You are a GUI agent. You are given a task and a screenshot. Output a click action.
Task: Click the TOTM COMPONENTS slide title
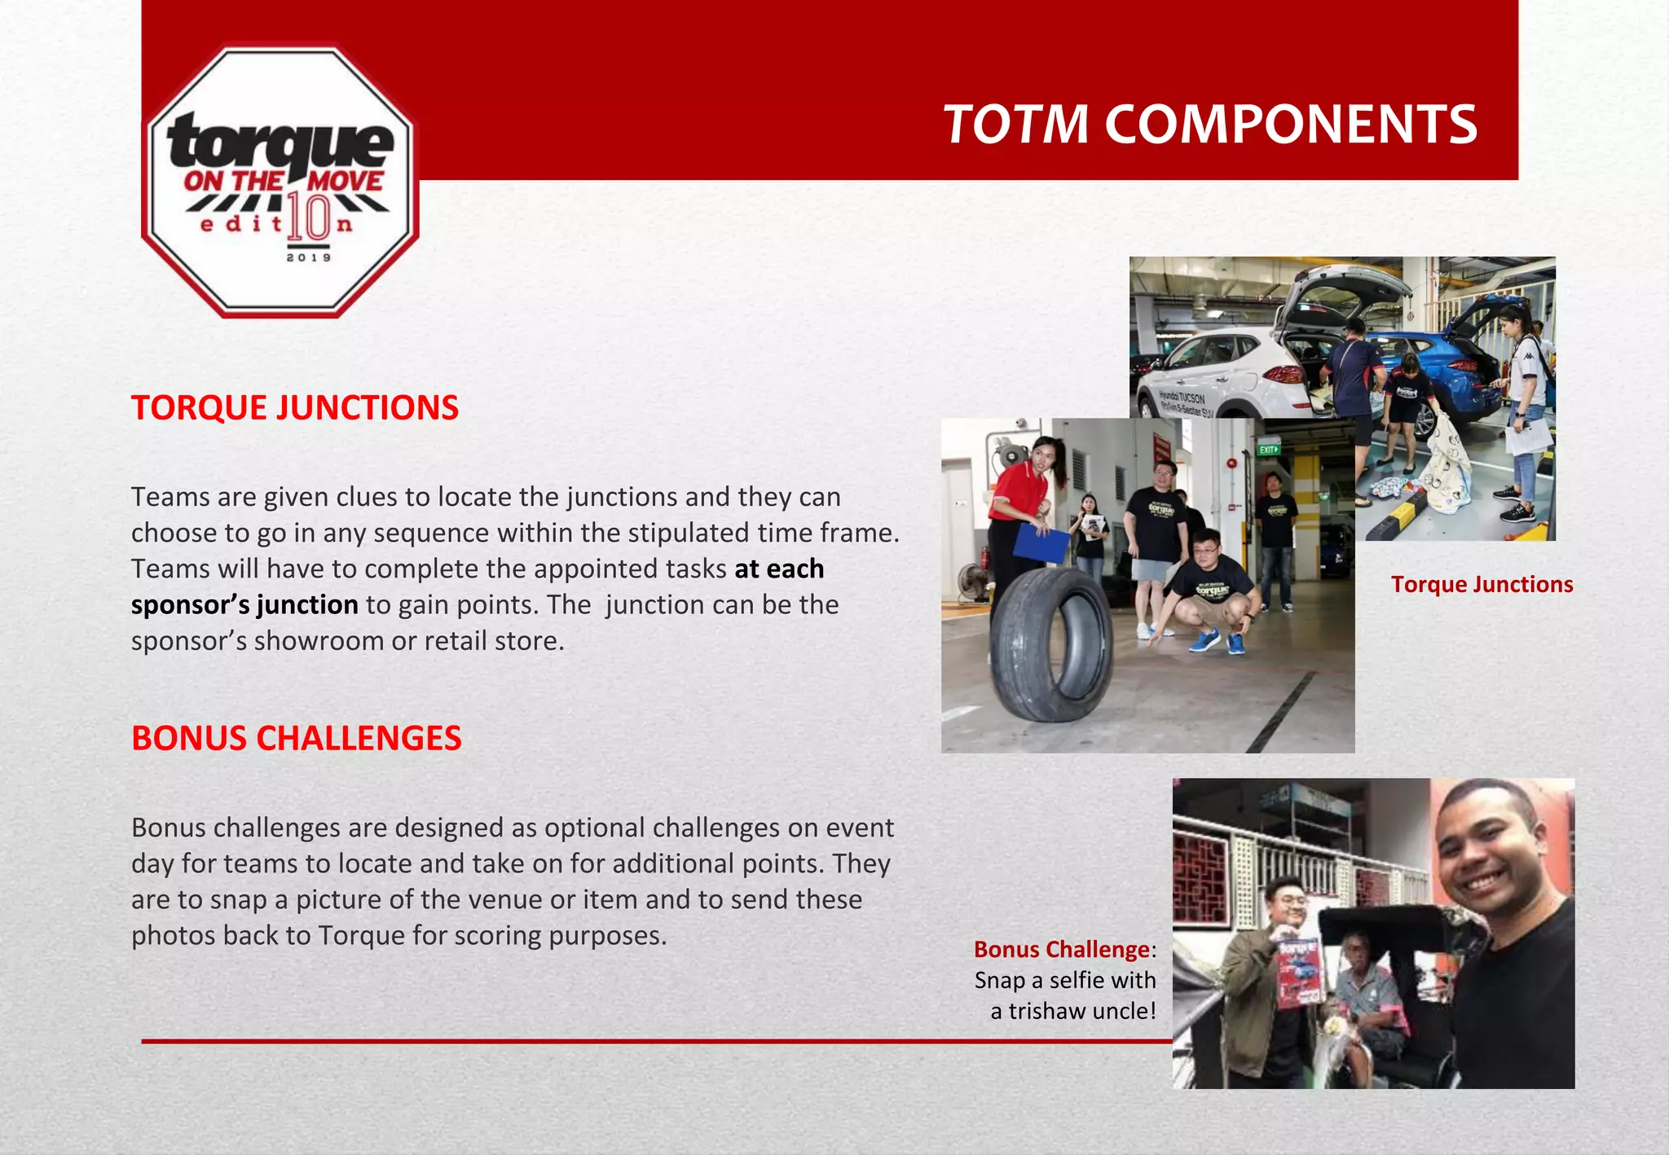(x=1209, y=125)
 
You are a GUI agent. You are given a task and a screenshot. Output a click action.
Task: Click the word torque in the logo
(x=281, y=141)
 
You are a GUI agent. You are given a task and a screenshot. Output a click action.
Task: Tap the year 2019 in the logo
(x=309, y=257)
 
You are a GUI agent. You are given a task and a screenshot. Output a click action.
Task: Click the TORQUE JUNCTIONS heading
(x=295, y=408)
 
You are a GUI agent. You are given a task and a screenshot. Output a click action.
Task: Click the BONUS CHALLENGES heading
(x=297, y=738)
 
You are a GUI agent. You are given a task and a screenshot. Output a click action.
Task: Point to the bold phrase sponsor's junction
(x=244, y=605)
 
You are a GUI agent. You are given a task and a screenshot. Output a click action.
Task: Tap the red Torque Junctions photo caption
(x=1482, y=585)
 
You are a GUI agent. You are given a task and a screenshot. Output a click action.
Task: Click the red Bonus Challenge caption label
(x=1061, y=950)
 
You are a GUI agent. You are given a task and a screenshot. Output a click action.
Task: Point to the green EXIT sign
(x=1269, y=450)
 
